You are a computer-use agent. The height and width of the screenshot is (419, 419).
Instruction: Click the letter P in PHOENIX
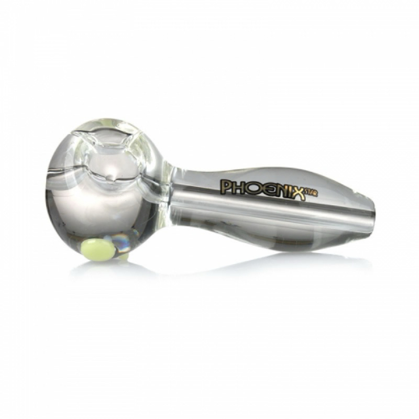(x=225, y=187)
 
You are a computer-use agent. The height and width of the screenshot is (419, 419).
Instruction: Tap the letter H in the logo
(x=237, y=188)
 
